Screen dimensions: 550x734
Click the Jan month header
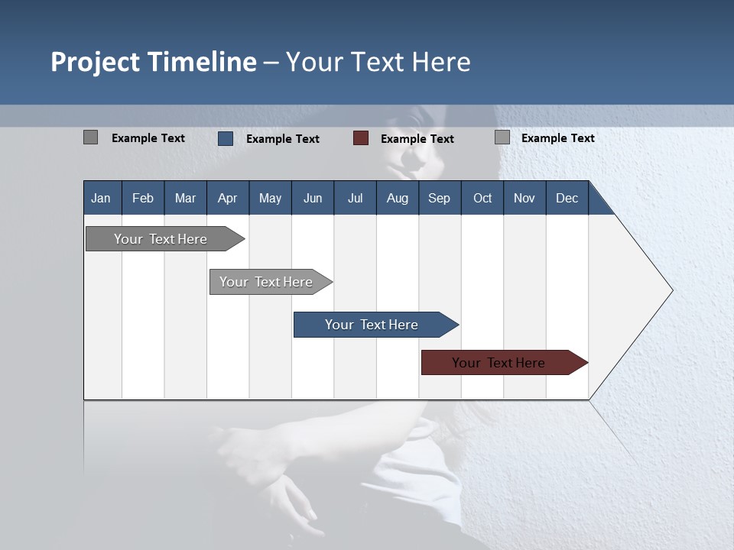click(101, 198)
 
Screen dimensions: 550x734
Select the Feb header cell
click(143, 198)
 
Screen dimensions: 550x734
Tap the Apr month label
click(227, 198)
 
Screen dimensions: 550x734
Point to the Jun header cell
click(313, 198)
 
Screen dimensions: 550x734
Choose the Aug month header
click(397, 198)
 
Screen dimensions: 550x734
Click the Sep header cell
click(439, 198)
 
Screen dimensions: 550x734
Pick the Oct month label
click(482, 198)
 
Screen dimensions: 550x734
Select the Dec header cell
click(567, 198)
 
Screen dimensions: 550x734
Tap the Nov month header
click(525, 198)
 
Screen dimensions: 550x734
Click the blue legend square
click(226, 138)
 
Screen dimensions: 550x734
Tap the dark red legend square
click(361, 138)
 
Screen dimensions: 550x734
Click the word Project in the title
click(96, 62)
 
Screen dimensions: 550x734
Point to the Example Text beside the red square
click(417, 139)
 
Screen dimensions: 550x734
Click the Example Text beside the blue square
click(282, 139)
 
